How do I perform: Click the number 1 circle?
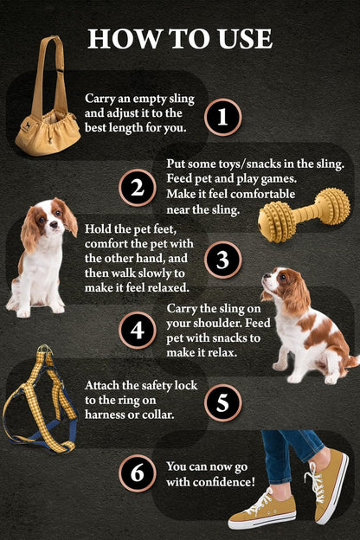click(x=222, y=117)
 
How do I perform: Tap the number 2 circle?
click(x=137, y=188)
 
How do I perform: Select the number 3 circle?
click(x=222, y=259)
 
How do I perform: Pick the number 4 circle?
click(x=137, y=330)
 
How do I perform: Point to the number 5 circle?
click(x=222, y=402)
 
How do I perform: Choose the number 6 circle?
click(x=137, y=472)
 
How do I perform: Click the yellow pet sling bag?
click(x=48, y=125)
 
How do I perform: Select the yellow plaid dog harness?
click(x=41, y=400)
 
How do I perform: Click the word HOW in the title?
click(x=122, y=38)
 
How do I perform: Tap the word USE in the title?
click(x=241, y=38)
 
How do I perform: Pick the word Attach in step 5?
click(x=103, y=383)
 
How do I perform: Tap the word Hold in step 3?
click(x=98, y=228)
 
